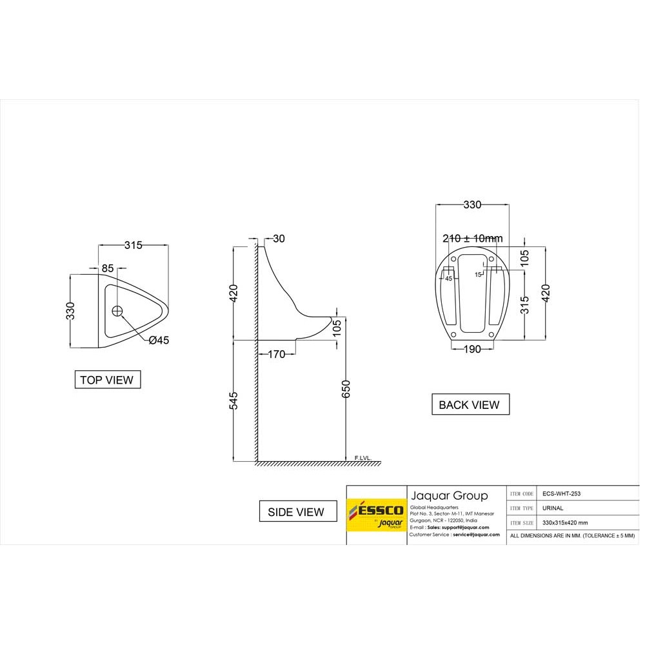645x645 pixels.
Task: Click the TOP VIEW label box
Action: click(x=108, y=380)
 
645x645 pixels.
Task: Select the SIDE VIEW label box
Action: click(x=297, y=511)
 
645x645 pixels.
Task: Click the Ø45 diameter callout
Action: click(x=159, y=341)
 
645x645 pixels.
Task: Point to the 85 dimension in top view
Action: click(x=108, y=268)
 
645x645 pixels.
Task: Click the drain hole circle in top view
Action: click(x=117, y=311)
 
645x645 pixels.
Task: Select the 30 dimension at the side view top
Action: click(x=279, y=239)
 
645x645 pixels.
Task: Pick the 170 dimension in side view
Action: click(x=276, y=353)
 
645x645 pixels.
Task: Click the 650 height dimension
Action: click(x=346, y=390)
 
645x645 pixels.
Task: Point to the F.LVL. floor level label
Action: click(x=363, y=458)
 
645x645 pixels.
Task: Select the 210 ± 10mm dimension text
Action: click(x=472, y=238)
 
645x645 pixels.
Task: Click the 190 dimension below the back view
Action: click(x=472, y=349)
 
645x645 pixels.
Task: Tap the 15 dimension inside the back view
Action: click(x=478, y=274)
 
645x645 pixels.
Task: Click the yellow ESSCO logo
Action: click(x=376, y=515)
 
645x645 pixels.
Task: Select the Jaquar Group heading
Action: click(x=449, y=495)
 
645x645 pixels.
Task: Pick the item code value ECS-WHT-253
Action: click(x=562, y=493)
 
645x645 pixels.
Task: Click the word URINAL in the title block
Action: click(x=553, y=508)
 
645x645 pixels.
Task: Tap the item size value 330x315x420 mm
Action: click(x=565, y=523)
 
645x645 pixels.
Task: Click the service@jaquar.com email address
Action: click(x=476, y=535)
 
